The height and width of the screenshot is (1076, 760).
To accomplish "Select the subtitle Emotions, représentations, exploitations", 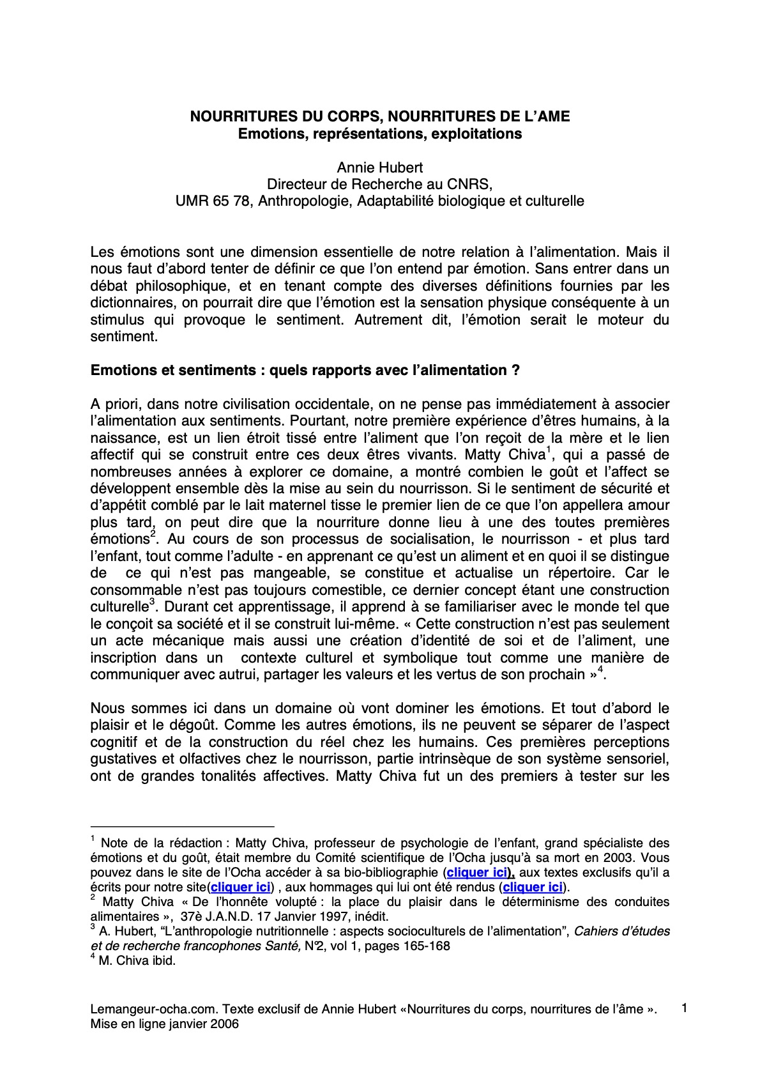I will click(x=380, y=134).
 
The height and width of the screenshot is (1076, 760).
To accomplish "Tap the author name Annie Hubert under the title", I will click(x=380, y=167).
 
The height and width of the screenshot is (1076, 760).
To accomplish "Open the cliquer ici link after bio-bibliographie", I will click(x=477, y=872).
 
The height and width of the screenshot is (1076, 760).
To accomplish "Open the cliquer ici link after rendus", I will click(x=533, y=887).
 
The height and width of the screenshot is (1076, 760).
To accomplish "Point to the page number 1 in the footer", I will click(x=684, y=1008).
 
